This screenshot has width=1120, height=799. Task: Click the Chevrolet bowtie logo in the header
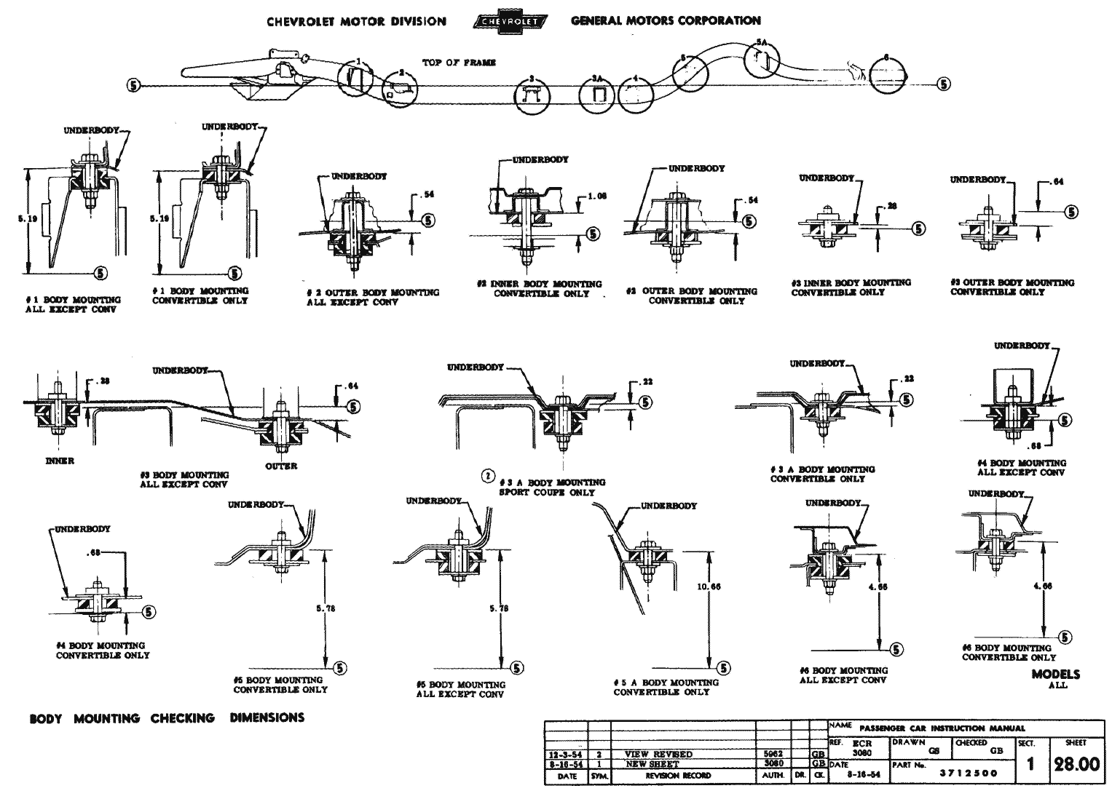508,22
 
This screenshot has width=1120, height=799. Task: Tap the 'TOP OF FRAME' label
459,63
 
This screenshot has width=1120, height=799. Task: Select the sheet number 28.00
1074,766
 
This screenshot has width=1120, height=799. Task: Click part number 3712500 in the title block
969,774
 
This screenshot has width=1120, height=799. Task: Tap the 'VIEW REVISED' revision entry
658,755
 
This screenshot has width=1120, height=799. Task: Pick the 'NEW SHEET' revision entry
652,764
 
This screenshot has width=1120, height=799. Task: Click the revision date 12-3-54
567,755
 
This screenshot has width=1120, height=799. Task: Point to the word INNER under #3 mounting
60,461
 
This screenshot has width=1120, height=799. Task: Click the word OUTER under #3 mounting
280,466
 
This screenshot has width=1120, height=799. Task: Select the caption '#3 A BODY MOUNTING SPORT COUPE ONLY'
552,487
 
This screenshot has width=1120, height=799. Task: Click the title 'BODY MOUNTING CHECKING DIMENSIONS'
167,718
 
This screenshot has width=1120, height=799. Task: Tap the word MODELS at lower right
1055,674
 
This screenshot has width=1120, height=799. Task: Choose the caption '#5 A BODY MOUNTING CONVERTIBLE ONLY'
666,687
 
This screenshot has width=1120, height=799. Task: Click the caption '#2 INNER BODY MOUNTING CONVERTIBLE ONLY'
540,289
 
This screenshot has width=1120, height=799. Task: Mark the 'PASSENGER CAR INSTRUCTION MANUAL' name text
942,728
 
